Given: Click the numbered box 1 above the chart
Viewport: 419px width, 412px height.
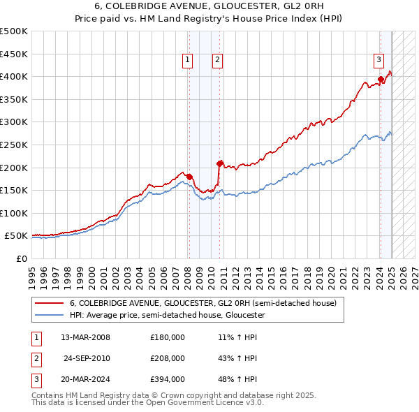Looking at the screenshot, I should (189, 61).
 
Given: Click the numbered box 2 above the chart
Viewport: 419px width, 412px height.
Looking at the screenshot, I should (218, 61).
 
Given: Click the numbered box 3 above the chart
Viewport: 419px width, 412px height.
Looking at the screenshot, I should (378, 61).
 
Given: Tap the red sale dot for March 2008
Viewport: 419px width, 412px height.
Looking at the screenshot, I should (189, 176).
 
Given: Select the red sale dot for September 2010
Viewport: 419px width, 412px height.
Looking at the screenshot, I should (219, 163).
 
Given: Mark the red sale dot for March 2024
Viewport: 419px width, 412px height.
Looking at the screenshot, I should (381, 78).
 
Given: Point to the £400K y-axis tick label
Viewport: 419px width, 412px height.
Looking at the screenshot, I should (14, 76).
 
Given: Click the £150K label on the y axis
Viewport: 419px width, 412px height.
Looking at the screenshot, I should (14, 190).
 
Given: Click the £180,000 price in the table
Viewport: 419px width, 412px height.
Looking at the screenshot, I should (168, 337).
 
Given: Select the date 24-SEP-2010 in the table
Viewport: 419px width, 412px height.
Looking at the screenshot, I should (87, 358).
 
